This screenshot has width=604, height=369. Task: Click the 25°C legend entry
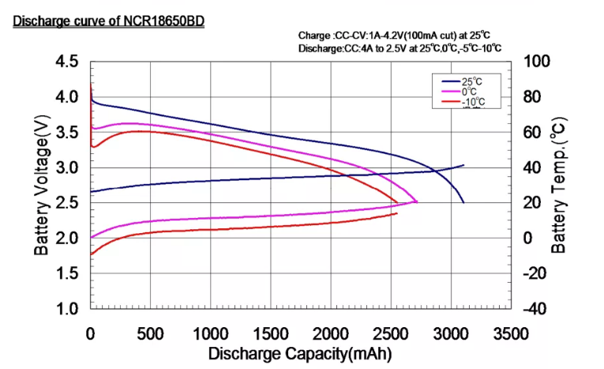coord(472,81)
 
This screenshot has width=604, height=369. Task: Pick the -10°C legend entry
coord(472,102)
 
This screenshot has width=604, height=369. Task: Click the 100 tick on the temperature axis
coord(527,62)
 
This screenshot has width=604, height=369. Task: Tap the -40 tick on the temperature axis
coord(527,309)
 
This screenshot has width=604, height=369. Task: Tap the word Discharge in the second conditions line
coord(320,49)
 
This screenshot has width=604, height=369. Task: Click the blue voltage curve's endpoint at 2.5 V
coord(463,203)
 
